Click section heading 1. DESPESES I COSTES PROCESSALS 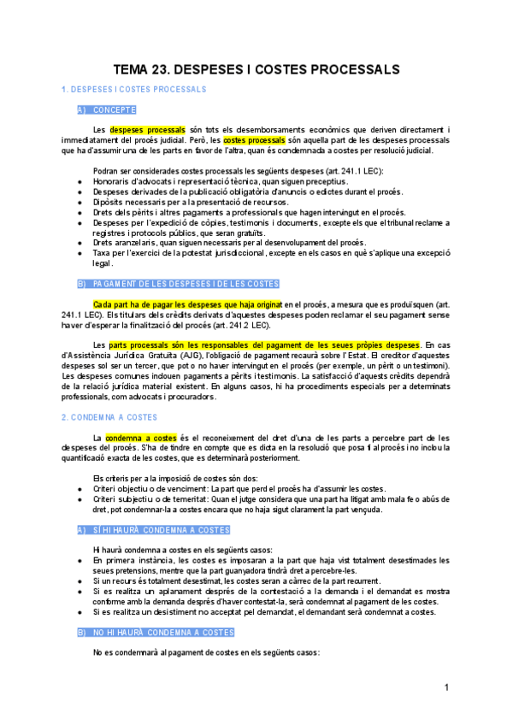coord(133,90)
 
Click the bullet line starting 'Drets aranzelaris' coord(228,243)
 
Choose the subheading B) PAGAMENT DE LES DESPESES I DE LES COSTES coord(178,284)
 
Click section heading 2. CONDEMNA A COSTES coord(109,417)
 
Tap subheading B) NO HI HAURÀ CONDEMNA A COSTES coord(155,633)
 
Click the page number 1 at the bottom coord(446,688)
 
